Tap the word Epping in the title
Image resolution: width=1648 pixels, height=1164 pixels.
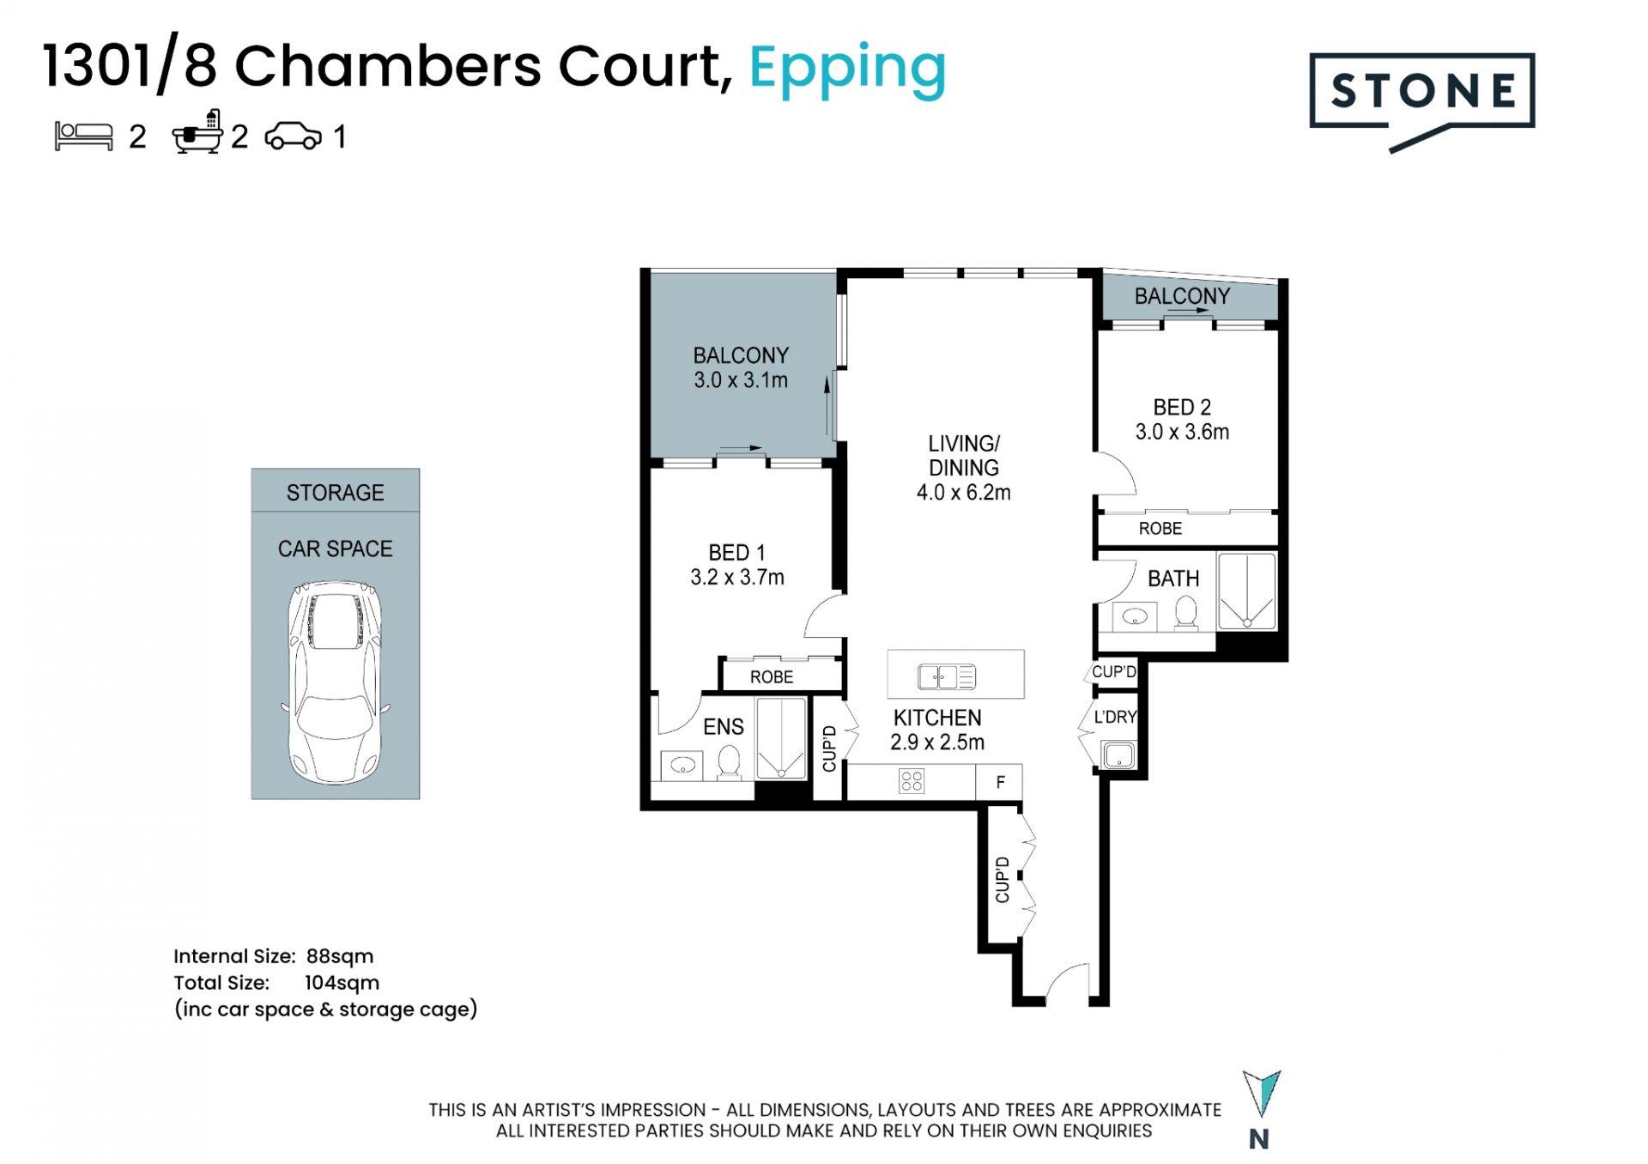(847, 70)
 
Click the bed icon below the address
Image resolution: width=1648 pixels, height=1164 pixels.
(84, 136)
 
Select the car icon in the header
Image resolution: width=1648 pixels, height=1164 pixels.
(294, 136)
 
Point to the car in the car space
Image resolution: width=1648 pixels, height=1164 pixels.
(336, 682)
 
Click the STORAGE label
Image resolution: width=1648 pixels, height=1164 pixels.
(335, 493)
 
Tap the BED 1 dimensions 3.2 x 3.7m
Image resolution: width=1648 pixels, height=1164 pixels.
(737, 578)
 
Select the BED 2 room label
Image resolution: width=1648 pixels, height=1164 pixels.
(1182, 407)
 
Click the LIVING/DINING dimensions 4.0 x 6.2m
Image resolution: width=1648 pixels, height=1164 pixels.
(964, 493)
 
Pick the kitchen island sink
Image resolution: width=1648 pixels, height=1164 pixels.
(947, 677)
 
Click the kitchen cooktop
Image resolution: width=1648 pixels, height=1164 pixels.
(912, 781)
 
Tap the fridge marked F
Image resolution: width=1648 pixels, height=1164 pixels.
(999, 782)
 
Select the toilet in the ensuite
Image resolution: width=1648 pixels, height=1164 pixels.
(729, 761)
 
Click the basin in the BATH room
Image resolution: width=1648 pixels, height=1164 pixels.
(1135, 616)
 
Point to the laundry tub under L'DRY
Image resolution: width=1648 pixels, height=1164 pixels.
(1119, 756)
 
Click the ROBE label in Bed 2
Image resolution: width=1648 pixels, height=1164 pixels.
(1160, 529)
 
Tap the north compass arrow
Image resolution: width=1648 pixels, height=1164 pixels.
(1261, 1094)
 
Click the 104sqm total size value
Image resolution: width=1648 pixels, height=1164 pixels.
(342, 983)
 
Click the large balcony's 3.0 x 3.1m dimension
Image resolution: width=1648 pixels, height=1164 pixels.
(741, 380)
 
